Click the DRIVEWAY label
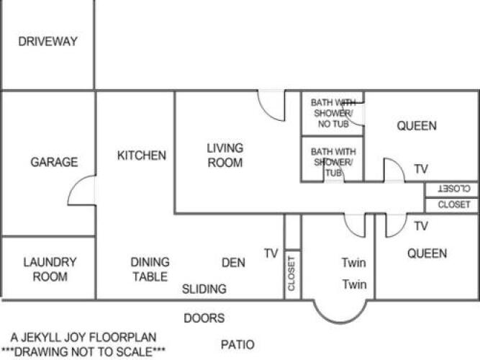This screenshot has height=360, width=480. [47, 41]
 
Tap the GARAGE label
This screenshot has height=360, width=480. [54, 162]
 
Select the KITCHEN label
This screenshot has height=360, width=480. [142, 156]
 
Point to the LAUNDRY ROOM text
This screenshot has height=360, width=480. [50, 269]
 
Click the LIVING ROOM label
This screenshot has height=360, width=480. [225, 156]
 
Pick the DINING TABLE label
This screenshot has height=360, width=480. [150, 269]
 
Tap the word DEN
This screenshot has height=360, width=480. [233, 263]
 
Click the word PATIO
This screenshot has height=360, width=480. [237, 345]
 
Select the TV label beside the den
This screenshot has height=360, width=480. [271, 253]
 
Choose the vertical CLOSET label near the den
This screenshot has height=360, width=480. [291, 274]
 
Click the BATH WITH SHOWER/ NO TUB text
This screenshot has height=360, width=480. [333, 113]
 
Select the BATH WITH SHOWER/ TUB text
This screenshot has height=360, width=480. [333, 162]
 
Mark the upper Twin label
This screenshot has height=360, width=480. [354, 263]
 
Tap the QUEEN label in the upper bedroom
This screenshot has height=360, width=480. [417, 126]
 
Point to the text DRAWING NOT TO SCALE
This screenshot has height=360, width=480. [83, 352]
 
